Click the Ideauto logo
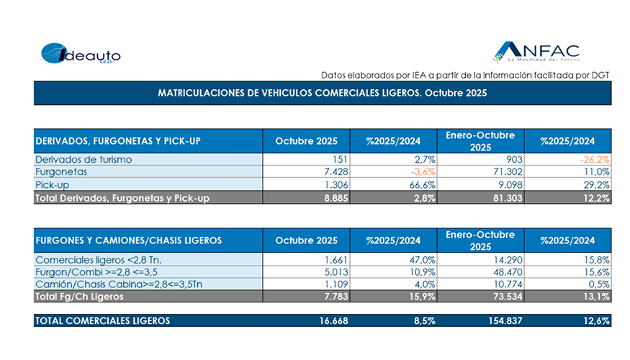pyautogui.click(x=80, y=55)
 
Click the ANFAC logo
pyautogui.click(x=536, y=52)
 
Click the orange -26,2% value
pyautogui.click(x=595, y=158)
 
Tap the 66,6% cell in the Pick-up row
pyautogui.click(x=420, y=185)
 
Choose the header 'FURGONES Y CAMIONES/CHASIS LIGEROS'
pyautogui.click(x=128, y=240)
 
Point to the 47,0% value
pyautogui.click(x=420, y=258)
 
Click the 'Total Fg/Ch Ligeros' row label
pyautogui.click(x=79, y=297)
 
